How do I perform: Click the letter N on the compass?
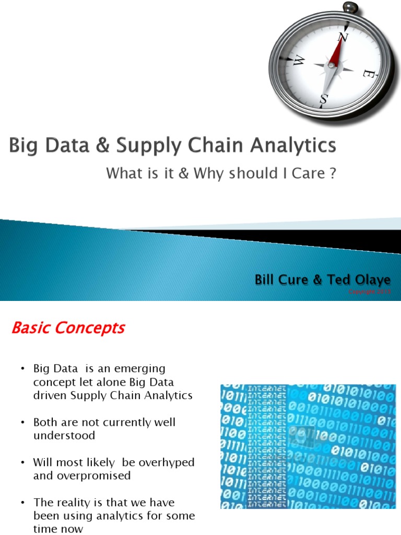(343, 37)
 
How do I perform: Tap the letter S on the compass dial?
(324, 98)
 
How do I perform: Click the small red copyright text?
(370, 292)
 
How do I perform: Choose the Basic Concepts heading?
(68, 328)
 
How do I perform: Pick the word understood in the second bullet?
(64, 435)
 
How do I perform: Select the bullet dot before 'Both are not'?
(23, 422)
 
